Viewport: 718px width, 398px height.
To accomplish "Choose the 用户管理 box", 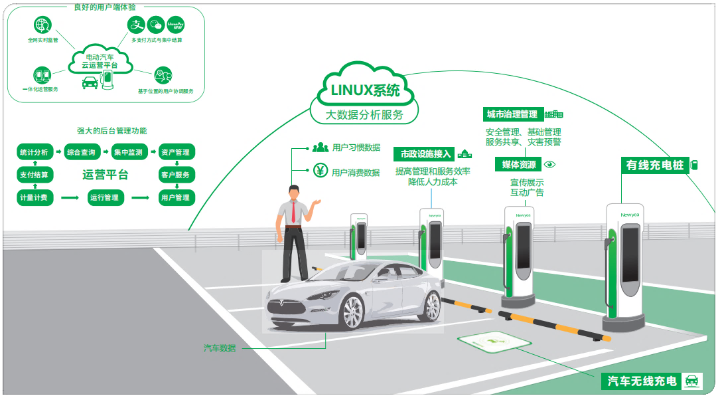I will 175,197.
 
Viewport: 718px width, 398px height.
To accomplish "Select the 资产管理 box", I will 175,152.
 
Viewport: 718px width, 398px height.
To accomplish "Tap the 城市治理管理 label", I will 512,114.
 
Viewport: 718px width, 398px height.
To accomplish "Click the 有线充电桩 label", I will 654,165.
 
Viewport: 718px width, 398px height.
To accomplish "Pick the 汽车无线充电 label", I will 642,381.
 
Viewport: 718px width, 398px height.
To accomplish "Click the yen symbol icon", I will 320,170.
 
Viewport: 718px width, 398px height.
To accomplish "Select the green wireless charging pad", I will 494,342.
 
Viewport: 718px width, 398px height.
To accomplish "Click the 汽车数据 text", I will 220,348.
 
